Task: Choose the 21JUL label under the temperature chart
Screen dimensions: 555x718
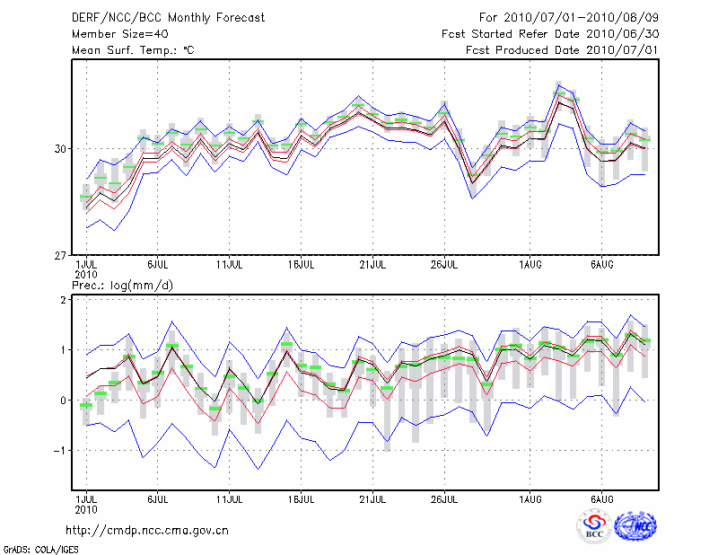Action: click(x=372, y=266)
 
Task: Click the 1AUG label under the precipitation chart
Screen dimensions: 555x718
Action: click(x=530, y=498)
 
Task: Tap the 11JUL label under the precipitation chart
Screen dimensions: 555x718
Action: click(x=230, y=498)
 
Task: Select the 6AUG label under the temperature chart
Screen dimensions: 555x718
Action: click(x=602, y=266)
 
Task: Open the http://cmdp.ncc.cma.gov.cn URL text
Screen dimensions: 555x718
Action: click(x=147, y=530)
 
